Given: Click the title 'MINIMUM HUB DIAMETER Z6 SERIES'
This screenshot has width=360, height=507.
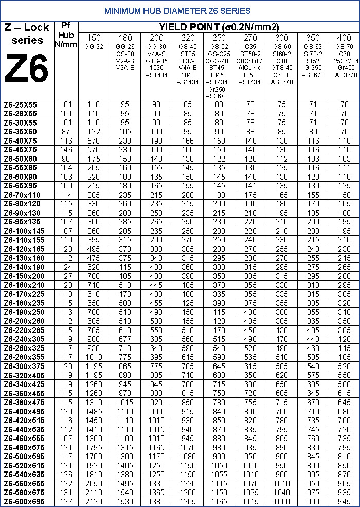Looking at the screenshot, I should pyautogui.click(x=177, y=10).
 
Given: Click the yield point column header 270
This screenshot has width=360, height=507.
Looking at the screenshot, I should pyautogui.click(x=250, y=38).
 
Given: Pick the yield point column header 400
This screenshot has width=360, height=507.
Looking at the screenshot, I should pyautogui.click(x=344, y=38).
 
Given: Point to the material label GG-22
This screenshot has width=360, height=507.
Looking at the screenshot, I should pyautogui.click(x=94, y=47).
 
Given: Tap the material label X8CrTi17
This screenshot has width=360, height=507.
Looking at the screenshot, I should pyautogui.click(x=250, y=61).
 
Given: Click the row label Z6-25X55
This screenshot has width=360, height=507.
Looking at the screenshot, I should pyautogui.click(x=28, y=104).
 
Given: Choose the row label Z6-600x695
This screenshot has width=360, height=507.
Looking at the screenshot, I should pyautogui.click(x=28, y=502).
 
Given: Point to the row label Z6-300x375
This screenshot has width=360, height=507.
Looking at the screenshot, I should pyautogui.click(x=28, y=366).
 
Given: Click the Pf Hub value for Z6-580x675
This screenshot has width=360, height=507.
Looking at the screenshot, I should pyautogui.click(x=66, y=493).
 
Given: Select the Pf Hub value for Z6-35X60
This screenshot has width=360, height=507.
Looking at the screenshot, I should pyautogui.click(x=66, y=131).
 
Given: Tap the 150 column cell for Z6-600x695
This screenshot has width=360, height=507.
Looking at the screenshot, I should pyautogui.click(x=94, y=502).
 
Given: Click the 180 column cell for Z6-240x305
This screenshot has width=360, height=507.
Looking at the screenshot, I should pyautogui.click(x=125, y=339).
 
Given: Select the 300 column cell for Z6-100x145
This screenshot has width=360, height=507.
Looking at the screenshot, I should pyautogui.click(x=282, y=231).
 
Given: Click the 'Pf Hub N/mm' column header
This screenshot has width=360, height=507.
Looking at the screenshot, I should pyautogui.click(x=66, y=35).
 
